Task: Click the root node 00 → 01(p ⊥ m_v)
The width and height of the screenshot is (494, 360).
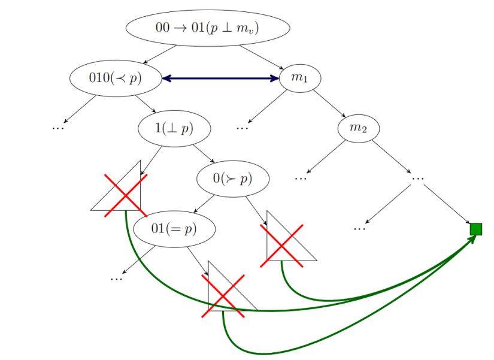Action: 208,28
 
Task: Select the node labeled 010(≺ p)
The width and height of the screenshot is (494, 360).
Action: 116,78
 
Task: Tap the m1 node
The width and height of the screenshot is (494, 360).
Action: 299,78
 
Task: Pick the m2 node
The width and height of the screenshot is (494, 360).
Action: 358,128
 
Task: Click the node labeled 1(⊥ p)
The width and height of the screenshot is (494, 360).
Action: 174,128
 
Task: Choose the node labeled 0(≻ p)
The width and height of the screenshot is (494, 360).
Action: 233,179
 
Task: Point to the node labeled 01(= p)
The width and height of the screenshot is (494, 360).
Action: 174,229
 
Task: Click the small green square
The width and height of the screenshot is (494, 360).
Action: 476,229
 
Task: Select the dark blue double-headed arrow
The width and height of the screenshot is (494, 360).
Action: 221,78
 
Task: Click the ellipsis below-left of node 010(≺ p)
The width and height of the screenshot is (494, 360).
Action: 58,127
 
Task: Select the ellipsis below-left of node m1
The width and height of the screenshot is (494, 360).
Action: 242,127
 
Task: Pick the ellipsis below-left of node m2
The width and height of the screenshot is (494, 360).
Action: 301,177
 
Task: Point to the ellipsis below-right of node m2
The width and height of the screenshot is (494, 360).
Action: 418,177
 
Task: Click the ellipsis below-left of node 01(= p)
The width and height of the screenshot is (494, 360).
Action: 116,278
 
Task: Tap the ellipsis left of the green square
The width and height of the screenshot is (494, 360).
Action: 359,228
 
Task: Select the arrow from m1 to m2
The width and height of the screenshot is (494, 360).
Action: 329,103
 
